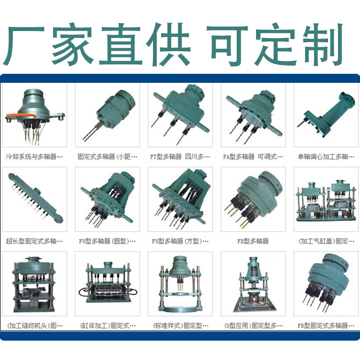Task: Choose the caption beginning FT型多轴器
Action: coord(180,157)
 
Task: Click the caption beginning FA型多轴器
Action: coord(253,157)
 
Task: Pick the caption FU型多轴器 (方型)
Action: coord(180,241)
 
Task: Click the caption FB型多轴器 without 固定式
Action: coord(253,241)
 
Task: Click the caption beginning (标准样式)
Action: coord(180,325)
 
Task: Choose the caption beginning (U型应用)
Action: coord(253,325)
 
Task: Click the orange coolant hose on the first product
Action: coord(13,116)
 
